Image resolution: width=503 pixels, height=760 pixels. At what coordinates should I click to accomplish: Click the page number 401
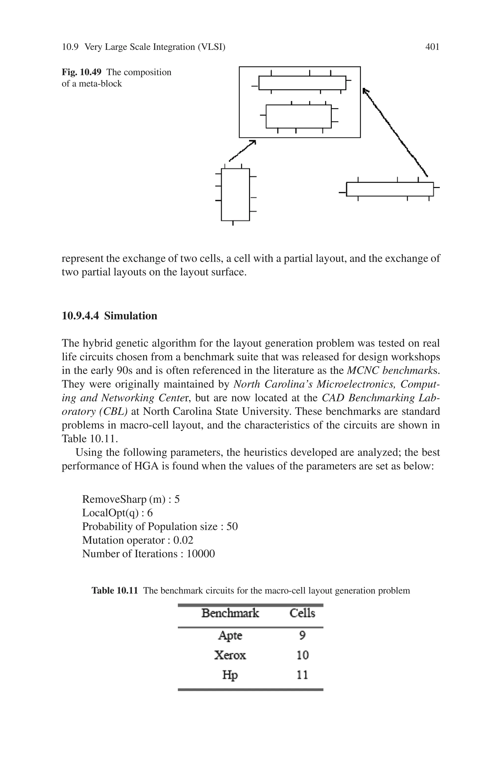coord(432,47)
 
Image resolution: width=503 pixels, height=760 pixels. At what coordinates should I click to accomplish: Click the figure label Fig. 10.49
coord(82,72)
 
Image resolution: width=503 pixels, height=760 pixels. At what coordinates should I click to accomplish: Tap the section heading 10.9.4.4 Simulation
coord(109,316)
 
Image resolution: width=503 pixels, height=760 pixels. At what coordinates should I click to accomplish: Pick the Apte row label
coord(230,635)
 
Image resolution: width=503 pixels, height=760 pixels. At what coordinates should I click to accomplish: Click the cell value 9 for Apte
coord(302,635)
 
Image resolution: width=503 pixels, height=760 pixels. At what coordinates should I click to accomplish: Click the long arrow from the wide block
coord(395,132)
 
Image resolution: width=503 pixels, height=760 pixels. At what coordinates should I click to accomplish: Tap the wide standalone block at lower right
coord(390,189)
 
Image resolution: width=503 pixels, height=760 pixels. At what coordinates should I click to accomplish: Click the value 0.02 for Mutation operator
coord(183,540)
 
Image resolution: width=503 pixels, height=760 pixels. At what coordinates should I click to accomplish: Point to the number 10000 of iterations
coord(201,554)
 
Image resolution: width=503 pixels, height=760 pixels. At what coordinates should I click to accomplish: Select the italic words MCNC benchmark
coord(390,370)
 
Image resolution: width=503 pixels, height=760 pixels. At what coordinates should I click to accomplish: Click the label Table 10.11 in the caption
coord(114,591)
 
